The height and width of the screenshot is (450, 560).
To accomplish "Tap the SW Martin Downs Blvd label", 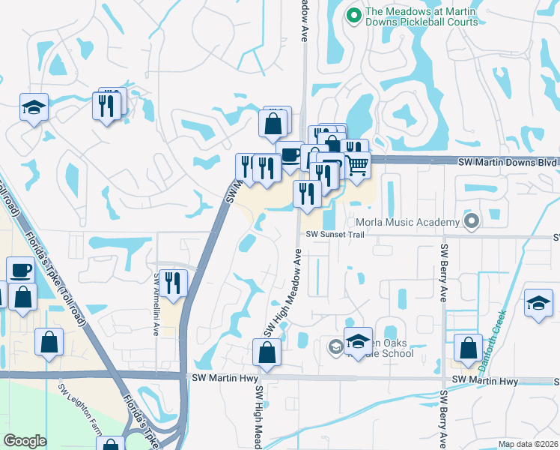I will coord(508,161).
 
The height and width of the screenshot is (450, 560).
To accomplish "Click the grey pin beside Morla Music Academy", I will coord(471,221).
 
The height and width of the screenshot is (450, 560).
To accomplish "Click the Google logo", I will coord(25,441).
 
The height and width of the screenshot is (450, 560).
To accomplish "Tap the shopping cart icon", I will coord(358,165).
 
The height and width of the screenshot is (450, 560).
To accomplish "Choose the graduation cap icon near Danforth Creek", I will coord(538,303).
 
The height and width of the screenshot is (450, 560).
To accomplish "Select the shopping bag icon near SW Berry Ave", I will coord(468,348).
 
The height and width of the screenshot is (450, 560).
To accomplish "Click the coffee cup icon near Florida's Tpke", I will coord(20,269).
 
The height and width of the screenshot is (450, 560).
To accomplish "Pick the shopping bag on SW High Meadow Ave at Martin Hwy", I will coord(267,352).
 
